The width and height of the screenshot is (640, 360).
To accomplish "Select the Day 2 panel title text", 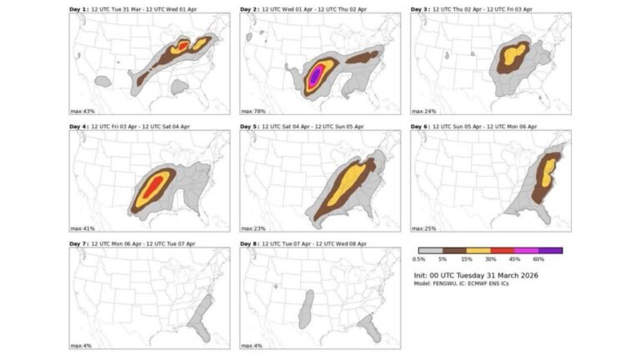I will pyautogui.click(x=307, y=9).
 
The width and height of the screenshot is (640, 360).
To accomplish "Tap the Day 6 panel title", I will pyautogui.click(x=479, y=126).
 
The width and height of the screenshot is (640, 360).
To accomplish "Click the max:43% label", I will pyautogui.click(x=82, y=110).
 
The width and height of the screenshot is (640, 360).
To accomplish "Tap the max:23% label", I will pyautogui.click(x=253, y=227).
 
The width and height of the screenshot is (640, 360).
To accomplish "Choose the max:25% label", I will pyautogui.click(x=424, y=227).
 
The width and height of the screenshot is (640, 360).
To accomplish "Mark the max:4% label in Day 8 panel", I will pyautogui.click(x=252, y=344).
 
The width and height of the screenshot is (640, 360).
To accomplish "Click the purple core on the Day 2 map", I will pyautogui.click(x=316, y=77).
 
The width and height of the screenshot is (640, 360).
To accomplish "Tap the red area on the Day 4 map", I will pyautogui.click(x=150, y=187).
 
